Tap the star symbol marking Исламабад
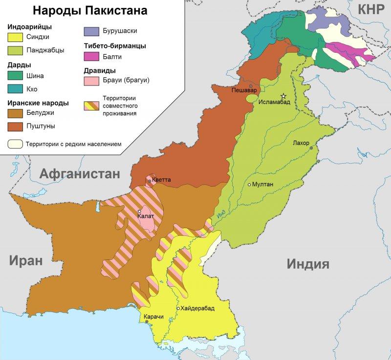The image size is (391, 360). tap(282, 96)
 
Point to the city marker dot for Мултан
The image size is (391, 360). tap(249, 185)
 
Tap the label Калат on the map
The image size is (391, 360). tap(146, 216)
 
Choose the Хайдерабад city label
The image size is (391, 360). tap(197, 308)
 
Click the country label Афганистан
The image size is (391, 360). tap(80, 173)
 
